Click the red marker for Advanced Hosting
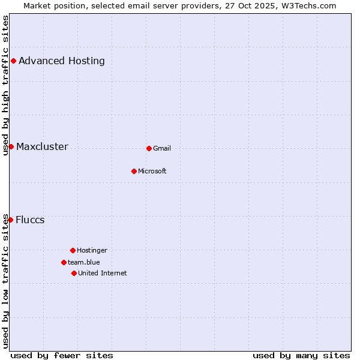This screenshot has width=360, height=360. [13, 61]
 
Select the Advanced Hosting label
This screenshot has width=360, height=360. [62, 61]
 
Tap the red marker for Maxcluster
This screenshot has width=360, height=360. [11, 146]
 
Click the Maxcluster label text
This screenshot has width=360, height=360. [42, 146]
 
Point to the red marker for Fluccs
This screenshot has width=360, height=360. [10, 220]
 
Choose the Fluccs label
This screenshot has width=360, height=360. [30, 220]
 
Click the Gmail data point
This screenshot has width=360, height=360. [149, 148]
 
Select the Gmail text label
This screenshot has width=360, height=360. [162, 148]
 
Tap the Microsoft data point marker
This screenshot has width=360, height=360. [134, 171]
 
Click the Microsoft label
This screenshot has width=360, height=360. [152, 171]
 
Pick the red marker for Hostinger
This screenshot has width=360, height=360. [73, 250]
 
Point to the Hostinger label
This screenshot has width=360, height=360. [92, 250]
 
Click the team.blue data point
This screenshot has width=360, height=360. [64, 262]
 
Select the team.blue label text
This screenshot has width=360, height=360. [84, 262]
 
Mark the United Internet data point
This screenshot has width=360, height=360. [74, 273]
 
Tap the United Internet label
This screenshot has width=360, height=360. [103, 273]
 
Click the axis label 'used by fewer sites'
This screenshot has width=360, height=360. [62, 355]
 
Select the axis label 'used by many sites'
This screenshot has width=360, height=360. [301, 355]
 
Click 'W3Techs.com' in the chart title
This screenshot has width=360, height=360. [308, 5]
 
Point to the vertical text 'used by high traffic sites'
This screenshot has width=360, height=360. [5, 85]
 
